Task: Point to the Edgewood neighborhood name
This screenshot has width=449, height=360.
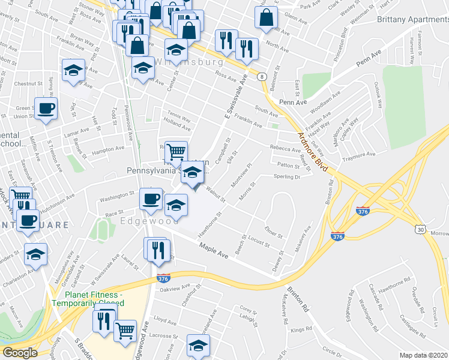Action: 142,221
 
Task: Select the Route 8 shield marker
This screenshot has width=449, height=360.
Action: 262,77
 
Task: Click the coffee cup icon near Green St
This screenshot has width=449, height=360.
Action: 46,109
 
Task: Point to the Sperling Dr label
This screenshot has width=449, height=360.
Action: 286,177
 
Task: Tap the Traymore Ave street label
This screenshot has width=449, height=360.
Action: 358,155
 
